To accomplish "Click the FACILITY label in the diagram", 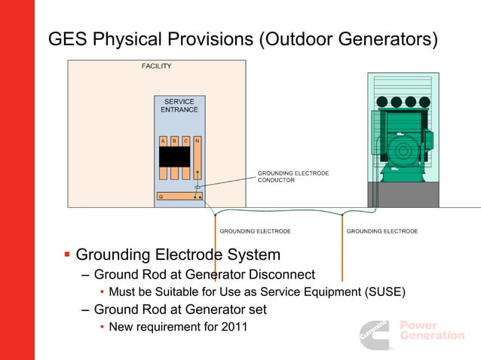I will click(x=157, y=66).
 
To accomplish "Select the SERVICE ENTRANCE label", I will click(x=179, y=105).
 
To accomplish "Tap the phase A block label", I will click(x=164, y=141).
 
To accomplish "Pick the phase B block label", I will click(x=174, y=141).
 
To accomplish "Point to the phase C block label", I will click(x=185, y=141).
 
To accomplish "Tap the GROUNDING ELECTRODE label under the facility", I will click(x=255, y=231).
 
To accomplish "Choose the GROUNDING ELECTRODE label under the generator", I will click(x=382, y=231).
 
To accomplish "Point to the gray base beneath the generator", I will click(x=403, y=195).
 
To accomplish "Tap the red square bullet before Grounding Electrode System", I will click(x=67, y=255).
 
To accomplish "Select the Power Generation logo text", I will click(x=431, y=331).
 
